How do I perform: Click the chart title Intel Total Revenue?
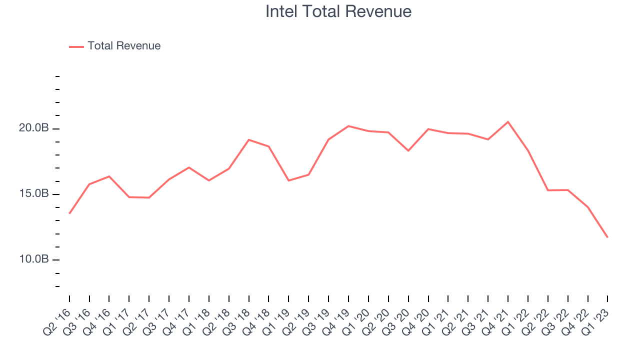click(x=338, y=11)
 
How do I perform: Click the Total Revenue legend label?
click(x=124, y=46)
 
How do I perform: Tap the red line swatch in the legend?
click(x=76, y=46)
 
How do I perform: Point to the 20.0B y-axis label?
click(x=34, y=128)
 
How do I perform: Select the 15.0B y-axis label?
click(x=34, y=194)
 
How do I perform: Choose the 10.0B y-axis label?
click(x=34, y=259)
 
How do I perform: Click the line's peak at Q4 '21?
click(x=508, y=122)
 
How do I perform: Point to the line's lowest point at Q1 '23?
click(x=607, y=237)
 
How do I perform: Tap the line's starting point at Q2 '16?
click(x=69, y=213)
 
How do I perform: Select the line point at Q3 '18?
click(x=248, y=139)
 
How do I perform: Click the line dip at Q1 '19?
click(x=288, y=180)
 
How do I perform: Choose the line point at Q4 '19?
click(x=348, y=126)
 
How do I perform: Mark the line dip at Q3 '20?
click(x=408, y=150)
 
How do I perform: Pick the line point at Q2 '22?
click(x=548, y=190)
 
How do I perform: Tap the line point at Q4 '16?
click(x=109, y=176)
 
